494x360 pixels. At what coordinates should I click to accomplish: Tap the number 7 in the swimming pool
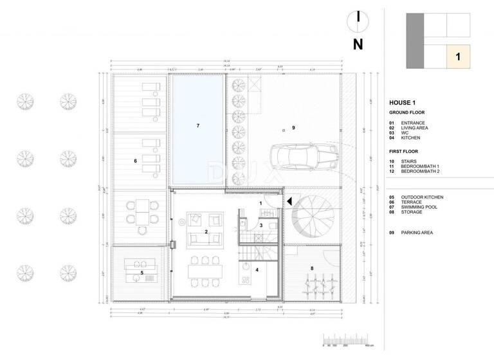coord(198,125)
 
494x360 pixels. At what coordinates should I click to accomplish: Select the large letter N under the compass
coord(358,44)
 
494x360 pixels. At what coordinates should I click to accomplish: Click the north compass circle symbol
coord(357,19)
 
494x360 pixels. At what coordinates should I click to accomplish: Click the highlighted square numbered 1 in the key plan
coord(457,57)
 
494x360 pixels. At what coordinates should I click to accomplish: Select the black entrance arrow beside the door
coord(289,201)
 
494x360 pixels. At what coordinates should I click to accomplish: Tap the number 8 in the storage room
coord(312,268)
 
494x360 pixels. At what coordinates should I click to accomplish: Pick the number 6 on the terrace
coord(135,160)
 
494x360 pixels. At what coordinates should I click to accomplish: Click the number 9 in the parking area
coord(293,128)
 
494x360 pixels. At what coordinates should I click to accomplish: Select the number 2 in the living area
coord(206,231)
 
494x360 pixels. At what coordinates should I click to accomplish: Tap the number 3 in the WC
coord(261,226)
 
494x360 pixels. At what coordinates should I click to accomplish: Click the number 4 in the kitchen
coord(257,270)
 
